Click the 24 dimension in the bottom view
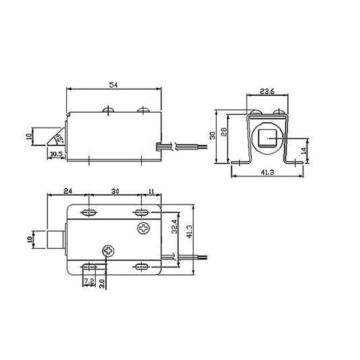coord(68,192)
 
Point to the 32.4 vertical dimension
coord(174,226)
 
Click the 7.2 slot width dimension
coord(88,279)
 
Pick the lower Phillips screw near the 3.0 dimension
coord(108,251)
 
